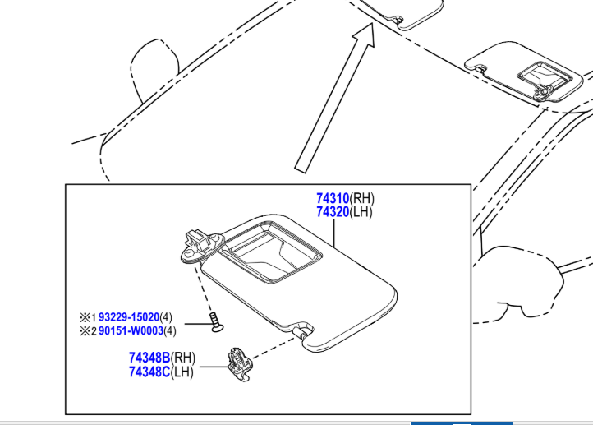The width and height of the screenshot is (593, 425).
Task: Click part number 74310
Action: point(333,198)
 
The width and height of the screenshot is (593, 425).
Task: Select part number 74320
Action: point(333,212)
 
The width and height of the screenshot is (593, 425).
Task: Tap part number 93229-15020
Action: point(129,316)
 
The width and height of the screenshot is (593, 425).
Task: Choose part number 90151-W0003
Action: point(131,330)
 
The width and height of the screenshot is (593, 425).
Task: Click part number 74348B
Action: point(149,358)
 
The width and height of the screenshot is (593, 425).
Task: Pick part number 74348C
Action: point(149,372)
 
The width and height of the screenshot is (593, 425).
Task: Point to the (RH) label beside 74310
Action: point(362,198)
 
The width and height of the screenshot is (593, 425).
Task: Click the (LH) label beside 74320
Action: point(361,212)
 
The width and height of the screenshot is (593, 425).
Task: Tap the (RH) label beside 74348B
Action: point(183,358)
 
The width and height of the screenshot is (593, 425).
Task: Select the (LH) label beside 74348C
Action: point(182,372)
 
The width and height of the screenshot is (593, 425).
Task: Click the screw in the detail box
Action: point(216,322)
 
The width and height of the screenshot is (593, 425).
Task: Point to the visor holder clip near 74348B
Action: point(240,364)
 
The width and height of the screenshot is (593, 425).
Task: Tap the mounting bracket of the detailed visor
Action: point(201,246)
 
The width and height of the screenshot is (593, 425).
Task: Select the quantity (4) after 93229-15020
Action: point(166,316)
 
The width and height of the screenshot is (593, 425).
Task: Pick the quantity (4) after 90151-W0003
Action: point(170,330)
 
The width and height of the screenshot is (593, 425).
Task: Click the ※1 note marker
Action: point(88,316)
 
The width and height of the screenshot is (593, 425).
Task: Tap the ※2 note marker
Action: point(88,331)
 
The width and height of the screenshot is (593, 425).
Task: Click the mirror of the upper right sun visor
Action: point(544,76)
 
